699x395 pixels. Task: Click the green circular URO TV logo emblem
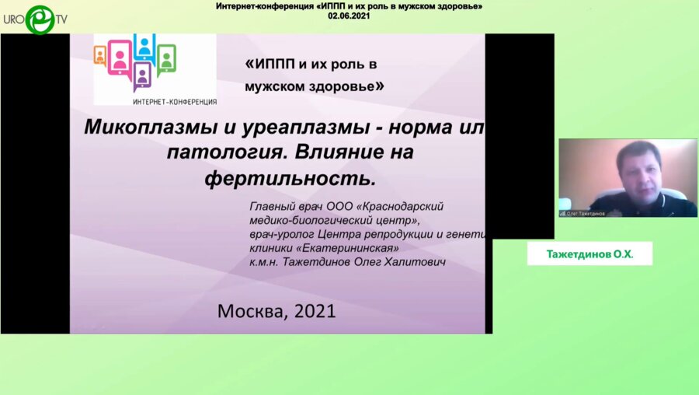point(40,19)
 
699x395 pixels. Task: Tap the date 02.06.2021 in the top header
point(349,16)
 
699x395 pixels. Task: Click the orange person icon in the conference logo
point(99,55)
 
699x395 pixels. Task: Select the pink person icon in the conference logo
point(120,59)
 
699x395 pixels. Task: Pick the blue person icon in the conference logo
point(144,46)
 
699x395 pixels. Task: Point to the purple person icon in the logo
point(141,75)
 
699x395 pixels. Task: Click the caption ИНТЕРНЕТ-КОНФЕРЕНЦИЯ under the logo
point(175,102)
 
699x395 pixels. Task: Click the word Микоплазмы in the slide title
point(143,126)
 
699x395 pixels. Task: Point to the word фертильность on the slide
point(290,179)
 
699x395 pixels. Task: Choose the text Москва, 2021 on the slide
point(276,312)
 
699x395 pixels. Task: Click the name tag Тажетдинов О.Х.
point(589,253)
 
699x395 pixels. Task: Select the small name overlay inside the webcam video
point(583,213)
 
